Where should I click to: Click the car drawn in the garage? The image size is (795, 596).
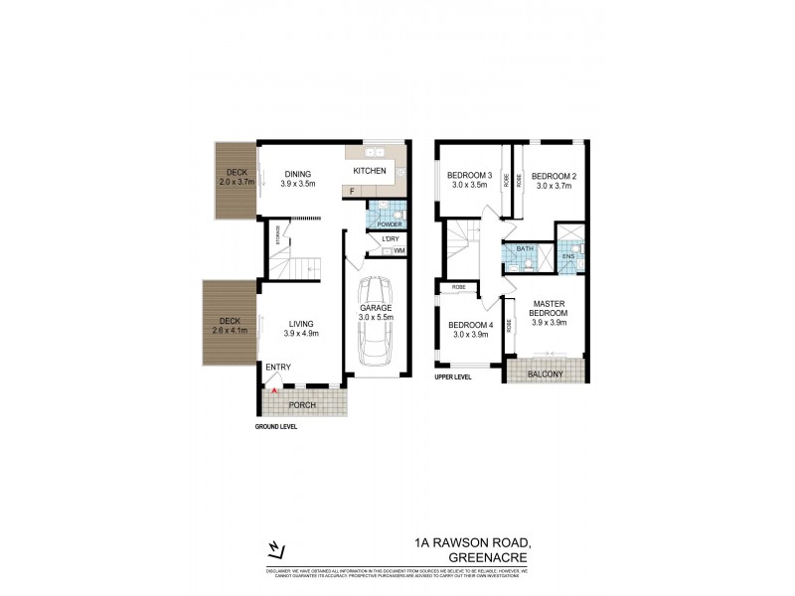(376, 324)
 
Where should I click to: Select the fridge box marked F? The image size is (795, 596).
(352, 189)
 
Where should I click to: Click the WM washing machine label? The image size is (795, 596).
(398, 250)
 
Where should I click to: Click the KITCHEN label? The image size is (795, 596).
(369, 171)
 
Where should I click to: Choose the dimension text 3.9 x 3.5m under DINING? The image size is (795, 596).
(298, 184)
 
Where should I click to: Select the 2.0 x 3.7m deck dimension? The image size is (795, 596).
(237, 183)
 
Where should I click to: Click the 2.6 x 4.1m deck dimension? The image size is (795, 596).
(230, 331)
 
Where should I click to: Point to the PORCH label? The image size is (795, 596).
(301, 405)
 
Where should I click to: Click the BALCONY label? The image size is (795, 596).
(545, 374)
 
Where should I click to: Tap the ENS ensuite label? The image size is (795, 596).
(569, 257)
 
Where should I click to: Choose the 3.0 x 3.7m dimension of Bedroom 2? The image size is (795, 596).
(556, 185)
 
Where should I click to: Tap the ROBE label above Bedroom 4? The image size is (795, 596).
(458, 288)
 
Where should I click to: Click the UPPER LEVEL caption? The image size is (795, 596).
(452, 377)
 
